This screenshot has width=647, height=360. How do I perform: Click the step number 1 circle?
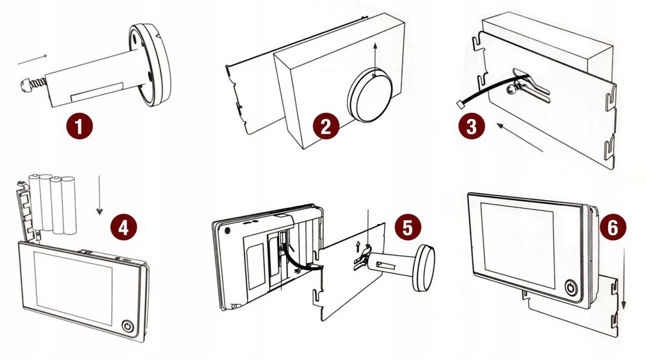(x=78, y=124)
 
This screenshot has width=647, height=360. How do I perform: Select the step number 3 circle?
(x=472, y=126)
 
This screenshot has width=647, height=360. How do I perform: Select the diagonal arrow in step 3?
(x=523, y=139)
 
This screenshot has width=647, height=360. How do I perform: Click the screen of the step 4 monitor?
(x=72, y=286)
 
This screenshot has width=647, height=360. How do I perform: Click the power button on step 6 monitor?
(x=571, y=287)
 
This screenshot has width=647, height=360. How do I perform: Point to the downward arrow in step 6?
(x=624, y=279)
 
